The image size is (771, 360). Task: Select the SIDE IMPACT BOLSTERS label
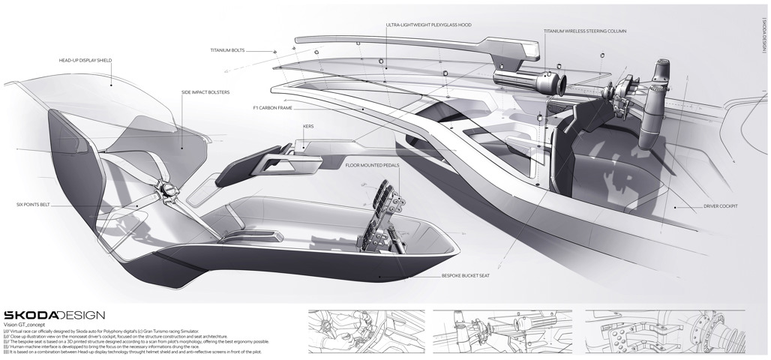click(205, 92)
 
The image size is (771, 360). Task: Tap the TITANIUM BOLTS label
click(227, 52)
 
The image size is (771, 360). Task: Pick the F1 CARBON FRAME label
click(276, 107)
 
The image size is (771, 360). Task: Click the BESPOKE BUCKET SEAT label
click(465, 277)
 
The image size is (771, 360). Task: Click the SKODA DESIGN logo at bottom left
click(54, 315)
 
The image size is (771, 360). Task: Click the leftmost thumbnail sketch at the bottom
click(366, 331)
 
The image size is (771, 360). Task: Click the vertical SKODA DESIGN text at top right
click(763, 34)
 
